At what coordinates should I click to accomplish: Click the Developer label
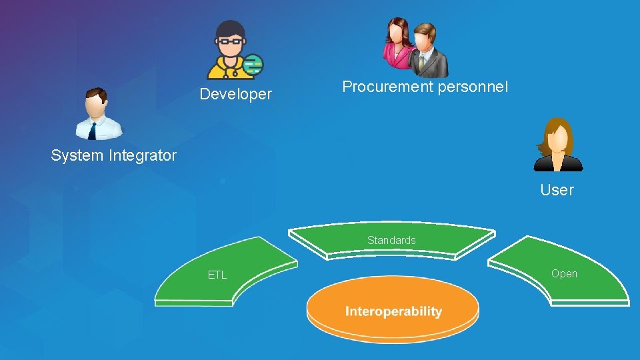pyautogui.click(x=236, y=95)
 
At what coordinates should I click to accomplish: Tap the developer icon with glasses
pyautogui.click(x=230, y=50)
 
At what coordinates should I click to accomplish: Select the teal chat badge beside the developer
pyautogui.click(x=253, y=65)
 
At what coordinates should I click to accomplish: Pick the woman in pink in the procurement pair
pyautogui.click(x=399, y=44)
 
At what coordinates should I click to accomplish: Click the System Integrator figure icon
pyautogui.click(x=97, y=114)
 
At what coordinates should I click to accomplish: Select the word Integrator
pyautogui.click(x=141, y=156)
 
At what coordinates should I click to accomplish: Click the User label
pyautogui.click(x=557, y=191)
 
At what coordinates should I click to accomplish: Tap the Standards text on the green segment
pyautogui.click(x=391, y=240)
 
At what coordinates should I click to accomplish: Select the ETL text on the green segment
pyautogui.click(x=217, y=275)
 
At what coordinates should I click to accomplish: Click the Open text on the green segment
pyautogui.click(x=564, y=274)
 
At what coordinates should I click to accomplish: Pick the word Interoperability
pyautogui.click(x=393, y=311)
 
